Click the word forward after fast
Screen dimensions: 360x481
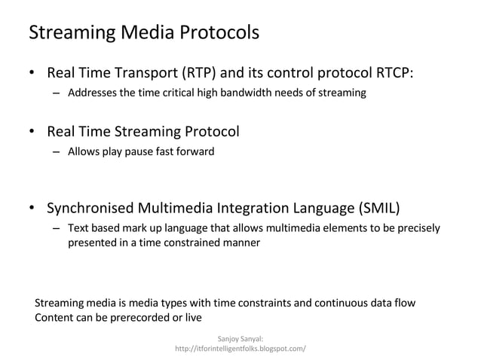click(x=195, y=152)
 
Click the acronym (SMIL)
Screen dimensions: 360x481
click(x=377, y=209)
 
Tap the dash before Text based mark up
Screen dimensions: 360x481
click(x=56, y=228)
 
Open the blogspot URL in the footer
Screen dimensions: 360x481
click(x=240, y=350)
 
